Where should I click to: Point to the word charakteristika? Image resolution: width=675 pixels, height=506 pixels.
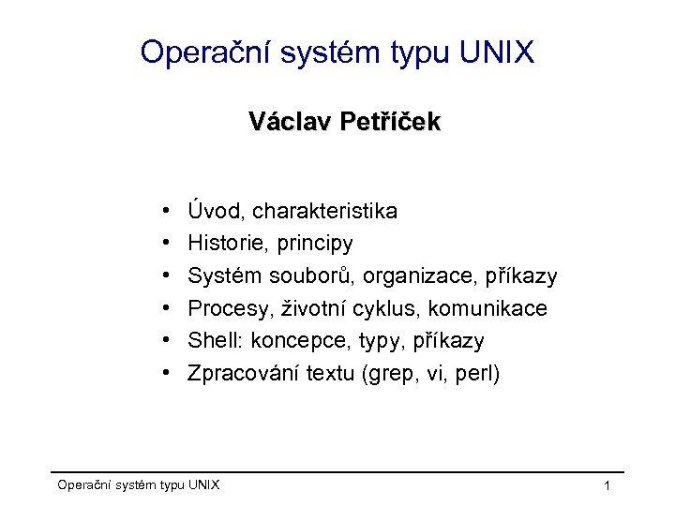coord(324,211)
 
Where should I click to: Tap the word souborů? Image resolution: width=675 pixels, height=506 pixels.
coord(306,276)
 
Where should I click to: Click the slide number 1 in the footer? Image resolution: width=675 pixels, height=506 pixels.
coord(607,485)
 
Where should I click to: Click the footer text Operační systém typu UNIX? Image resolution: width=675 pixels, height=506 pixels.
coord(139,484)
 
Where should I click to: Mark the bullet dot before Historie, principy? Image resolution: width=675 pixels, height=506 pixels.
coord(164,244)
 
